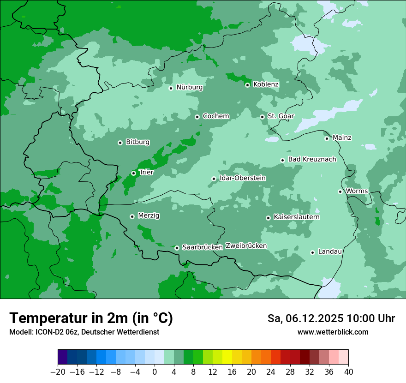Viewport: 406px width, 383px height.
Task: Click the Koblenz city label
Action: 266,84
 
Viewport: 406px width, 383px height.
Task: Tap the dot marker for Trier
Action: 133,173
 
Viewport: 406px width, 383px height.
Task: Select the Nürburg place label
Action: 189,87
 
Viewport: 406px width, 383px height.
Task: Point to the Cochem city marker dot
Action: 197,117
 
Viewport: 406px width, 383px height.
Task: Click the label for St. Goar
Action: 281,116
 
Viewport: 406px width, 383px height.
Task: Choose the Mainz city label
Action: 342,138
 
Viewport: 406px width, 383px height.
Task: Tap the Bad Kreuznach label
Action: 312,159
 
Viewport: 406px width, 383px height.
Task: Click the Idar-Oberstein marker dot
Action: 214,179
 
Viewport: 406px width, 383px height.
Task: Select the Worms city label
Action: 357,191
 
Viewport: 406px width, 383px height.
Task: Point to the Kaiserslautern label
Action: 296,217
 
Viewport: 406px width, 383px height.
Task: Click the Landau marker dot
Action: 312,252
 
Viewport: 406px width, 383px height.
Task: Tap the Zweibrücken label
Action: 246,246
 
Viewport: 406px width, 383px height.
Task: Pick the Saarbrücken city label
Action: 203,247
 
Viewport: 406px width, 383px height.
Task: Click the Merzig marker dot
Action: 132,216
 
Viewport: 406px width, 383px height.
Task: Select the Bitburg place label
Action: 137,142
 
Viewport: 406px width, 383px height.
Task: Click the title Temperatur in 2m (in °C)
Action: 91,318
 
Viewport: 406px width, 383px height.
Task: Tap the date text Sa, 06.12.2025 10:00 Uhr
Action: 331,318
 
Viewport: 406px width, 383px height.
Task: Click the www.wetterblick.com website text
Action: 333,332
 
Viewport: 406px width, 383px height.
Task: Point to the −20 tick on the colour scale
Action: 58,372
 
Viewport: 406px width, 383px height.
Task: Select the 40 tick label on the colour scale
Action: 348,372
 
